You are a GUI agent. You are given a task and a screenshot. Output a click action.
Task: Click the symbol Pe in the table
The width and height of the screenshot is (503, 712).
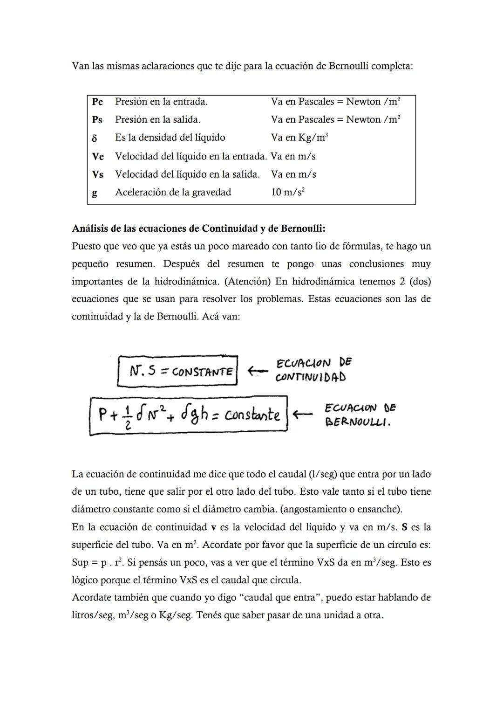tap(97, 102)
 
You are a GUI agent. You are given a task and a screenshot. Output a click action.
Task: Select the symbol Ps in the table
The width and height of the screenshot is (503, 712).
tap(97, 120)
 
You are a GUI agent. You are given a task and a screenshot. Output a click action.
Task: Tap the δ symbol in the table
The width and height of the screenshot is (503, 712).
tap(95, 138)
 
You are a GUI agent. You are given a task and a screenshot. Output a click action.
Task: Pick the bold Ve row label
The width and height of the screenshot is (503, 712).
tap(98, 156)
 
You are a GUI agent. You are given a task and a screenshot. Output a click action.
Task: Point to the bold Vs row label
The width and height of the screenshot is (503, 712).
tap(97, 174)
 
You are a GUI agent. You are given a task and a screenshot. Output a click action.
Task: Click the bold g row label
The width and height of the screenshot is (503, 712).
tap(95, 193)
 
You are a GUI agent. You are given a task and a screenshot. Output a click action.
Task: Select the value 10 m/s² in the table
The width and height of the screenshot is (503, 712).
tap(288, 192)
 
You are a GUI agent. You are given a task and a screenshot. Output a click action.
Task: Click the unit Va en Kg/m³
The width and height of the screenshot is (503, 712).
tap(299, 138)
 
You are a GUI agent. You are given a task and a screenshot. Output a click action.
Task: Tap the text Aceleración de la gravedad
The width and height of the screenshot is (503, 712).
tap(173, 192)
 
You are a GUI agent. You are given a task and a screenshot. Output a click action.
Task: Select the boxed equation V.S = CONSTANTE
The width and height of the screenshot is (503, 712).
tap(177, 371)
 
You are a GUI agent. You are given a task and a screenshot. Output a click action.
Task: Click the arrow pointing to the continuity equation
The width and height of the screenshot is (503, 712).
tap(258, 371)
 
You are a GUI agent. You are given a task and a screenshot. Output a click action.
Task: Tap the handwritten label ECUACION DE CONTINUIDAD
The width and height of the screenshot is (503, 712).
tap(313, 370)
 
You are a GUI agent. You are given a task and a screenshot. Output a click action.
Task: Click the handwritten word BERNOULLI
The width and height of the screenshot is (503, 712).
tap(358, 423)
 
